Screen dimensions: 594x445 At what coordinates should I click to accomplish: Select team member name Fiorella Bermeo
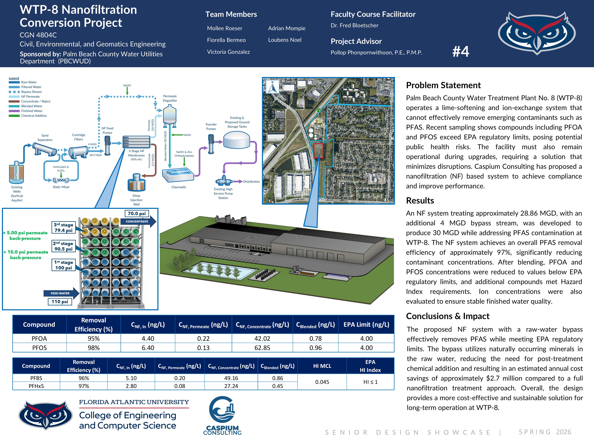point(226,40)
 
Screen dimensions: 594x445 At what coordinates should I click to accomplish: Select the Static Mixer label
point(61,187)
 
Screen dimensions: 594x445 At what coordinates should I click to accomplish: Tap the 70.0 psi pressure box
point(137,213)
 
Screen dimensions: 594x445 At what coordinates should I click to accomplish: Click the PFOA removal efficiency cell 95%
point(93,339)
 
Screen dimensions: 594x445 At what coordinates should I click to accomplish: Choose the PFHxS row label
point(36,386)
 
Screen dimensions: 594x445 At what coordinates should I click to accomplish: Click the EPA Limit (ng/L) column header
point(366,325)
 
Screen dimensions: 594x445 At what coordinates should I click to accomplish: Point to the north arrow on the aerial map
point(273,87)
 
